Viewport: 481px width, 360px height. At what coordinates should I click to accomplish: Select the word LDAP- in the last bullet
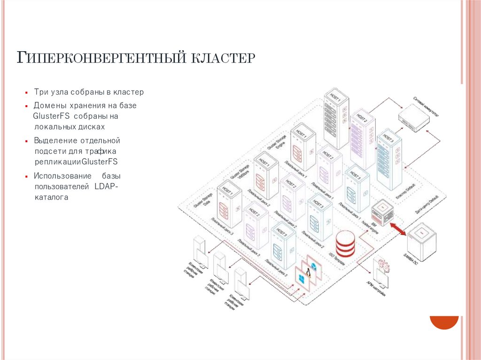pos(108,187)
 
